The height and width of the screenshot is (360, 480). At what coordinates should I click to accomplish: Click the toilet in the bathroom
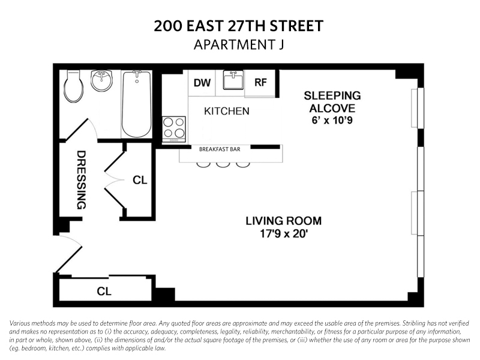pyautogui.click(x=73, y=86)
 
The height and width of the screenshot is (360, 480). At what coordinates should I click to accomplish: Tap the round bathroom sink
pyautogui.click(x=101, y=80)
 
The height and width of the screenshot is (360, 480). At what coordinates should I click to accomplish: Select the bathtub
pyautogui.click(x=137, y=104)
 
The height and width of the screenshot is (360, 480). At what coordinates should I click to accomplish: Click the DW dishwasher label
pyautogui.click(x=202, y=83)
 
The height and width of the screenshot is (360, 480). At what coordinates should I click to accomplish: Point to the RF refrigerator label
pyautogui.click(x=260, y=82)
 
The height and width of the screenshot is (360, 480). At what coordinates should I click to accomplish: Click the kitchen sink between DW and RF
pyautogui.click(x=233, y=80)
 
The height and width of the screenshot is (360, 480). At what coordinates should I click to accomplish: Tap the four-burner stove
pyautogui.click(x=174, y=129)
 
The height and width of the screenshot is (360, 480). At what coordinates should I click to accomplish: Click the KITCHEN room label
pyautogui.click(x=227, y=111)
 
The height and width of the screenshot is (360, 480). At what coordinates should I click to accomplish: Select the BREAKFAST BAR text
pyautogui.click(x=220, y=149)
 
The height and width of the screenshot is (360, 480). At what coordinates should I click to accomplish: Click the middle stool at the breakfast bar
pyautogui.click(x=223, y=164)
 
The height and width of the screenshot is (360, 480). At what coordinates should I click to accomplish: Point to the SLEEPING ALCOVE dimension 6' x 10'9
pyautogui.click(x=332, y=120)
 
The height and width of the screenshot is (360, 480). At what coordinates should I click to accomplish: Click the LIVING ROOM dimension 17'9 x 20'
pyautogui.click(x=283, y=234)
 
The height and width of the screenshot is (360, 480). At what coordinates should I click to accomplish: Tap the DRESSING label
pyautogui.click(x=81, y=180)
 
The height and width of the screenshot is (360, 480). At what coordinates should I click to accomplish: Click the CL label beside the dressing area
pyautogui.click(x=140, y=180)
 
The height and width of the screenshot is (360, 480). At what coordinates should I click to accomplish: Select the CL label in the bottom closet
pyautogui.click(x=104, y=291)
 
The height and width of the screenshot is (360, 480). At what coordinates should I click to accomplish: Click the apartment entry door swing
pyautogui.click(x=70, y=253)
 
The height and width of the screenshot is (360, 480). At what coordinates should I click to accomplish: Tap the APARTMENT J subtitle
pyautogui.click(x=239, y=44)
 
